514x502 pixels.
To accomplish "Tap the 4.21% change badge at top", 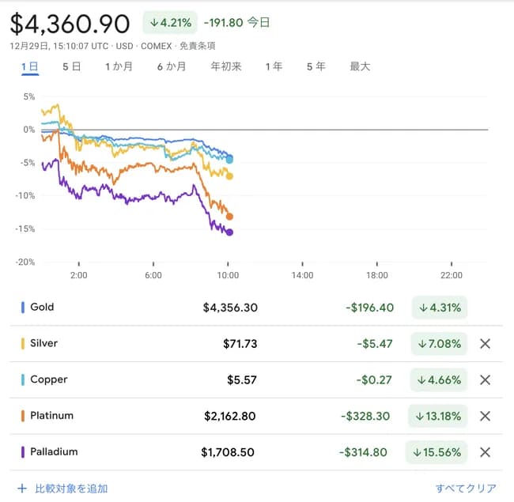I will pyautogui.click(x=169, y=23).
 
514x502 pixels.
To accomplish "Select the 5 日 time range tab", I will pyautogui.click(x=71, y=66).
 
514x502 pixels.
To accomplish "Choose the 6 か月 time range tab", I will pyautogui.click(x=171, y=66).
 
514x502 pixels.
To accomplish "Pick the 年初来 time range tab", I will pyautogui.click(x=225, y=66).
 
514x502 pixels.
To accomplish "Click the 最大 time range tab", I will pyautogui.click(x=360, y=66).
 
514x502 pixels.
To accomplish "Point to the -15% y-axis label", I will pyautogui.click(x=25, y=228).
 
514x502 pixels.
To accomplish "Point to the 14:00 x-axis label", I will pyautogui.click(x=302, y=275).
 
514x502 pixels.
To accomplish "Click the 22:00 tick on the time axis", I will pyautogui.click(x=451, y=275).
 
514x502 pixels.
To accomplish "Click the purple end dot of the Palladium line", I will pyautogui.click(x=229, y=232).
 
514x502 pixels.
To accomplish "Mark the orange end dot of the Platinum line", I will pyautogui.click(x=229, y=216).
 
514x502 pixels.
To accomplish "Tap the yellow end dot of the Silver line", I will pyautogui.click(x=229, y=176).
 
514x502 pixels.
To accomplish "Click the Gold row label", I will pyautogui.click(x=42, y=307).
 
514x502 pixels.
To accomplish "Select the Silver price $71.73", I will pyautogui.click(x=240, y=343).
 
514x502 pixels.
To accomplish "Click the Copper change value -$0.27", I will pyautogui.click(x=376, y=379).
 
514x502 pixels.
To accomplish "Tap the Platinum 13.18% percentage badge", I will pyautogui.click(x=439, y=416).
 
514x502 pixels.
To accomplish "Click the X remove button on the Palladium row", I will pyautogui.click(x=486, y=452).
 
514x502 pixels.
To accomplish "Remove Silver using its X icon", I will pyautogui.click(x=486, y=343).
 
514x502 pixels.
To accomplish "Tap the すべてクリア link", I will pyautogui.click(x=466, y=489).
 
